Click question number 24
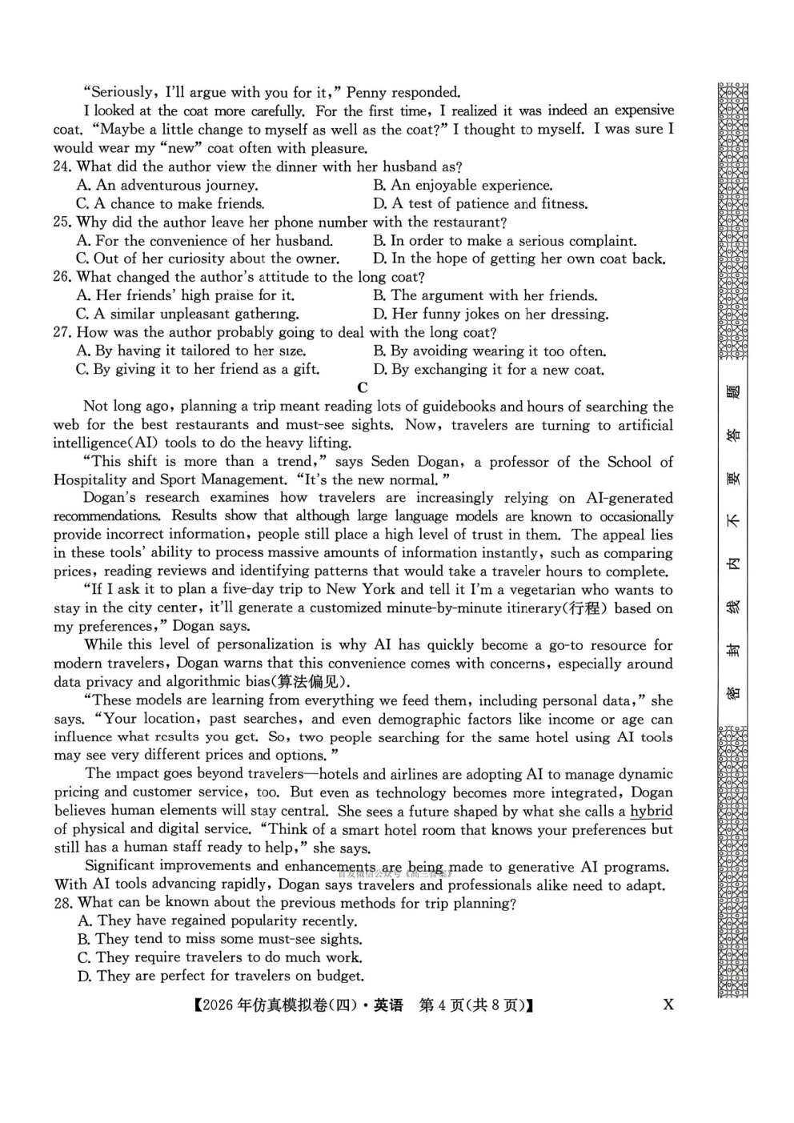(x=63, y=166)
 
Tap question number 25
(x=63, y=222)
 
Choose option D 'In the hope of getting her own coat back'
(x=519, y=259)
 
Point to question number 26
(x=63, y=277)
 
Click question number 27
(x=63, y=332)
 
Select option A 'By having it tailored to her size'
(x=191, y=351)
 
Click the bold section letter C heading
(x=363, y=387)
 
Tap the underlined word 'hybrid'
(x=652, y=811)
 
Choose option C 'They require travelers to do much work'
(x=220, y=957)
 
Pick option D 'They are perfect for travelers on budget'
(x=221, y=976)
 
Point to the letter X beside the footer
(x=668, y=1005)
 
